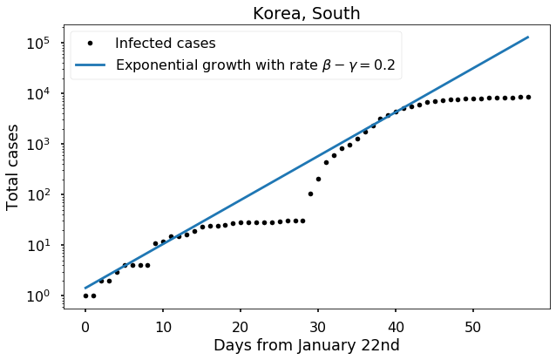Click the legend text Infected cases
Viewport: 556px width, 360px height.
pos(166,42)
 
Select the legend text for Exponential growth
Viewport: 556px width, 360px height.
pos(258,65)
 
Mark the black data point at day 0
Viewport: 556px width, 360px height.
pos(85,295)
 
